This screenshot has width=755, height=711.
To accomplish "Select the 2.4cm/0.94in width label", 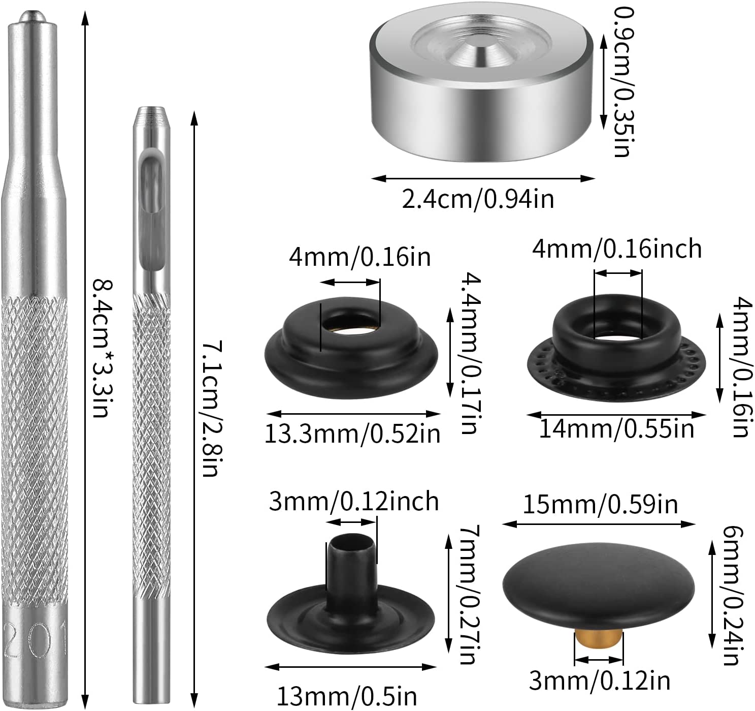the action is tap(478, 199).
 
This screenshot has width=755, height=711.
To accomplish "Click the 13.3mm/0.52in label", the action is tap(352, 434).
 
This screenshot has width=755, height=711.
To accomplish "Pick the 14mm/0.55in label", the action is tap(616, 428).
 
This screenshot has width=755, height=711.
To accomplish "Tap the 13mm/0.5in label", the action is tap(347, 697).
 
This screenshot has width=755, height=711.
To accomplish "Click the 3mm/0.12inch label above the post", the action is tap(354, 501).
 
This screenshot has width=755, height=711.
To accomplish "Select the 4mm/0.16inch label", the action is tap(616, 249).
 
